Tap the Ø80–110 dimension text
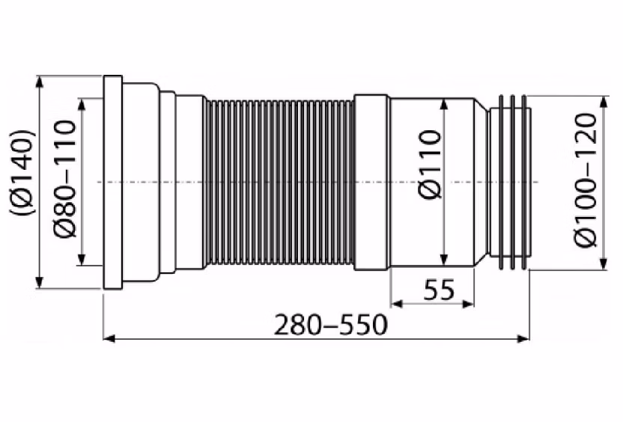pos(64,180)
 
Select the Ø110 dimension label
pos(430,164)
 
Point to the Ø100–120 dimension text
pos(586,180)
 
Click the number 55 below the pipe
pos(439,290)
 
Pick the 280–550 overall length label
pos(330,325)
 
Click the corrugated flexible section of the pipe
pos(279,183)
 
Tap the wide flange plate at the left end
pos(113,183)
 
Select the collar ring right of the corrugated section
pos(371,183)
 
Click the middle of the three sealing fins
pos(513,183)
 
